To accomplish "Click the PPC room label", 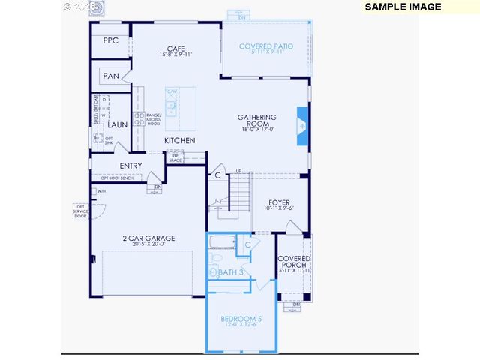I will pos(110,40).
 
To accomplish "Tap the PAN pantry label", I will pos(110,76).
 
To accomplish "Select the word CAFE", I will pos(175,49).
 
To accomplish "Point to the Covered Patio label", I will pos(266,46).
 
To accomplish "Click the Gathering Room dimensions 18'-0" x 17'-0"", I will pos(257,129).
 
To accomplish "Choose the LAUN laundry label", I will pos(117,124).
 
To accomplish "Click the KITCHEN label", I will pos(180,140).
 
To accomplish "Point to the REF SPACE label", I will pos(175,157).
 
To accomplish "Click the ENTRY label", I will pos(130,166).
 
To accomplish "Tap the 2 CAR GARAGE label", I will pos(148,238).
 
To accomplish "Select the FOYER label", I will pos(279,202).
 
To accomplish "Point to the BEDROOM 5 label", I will pos(239,319).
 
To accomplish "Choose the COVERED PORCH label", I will pos(293,262).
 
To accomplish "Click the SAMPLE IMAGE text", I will pos(403,7).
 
